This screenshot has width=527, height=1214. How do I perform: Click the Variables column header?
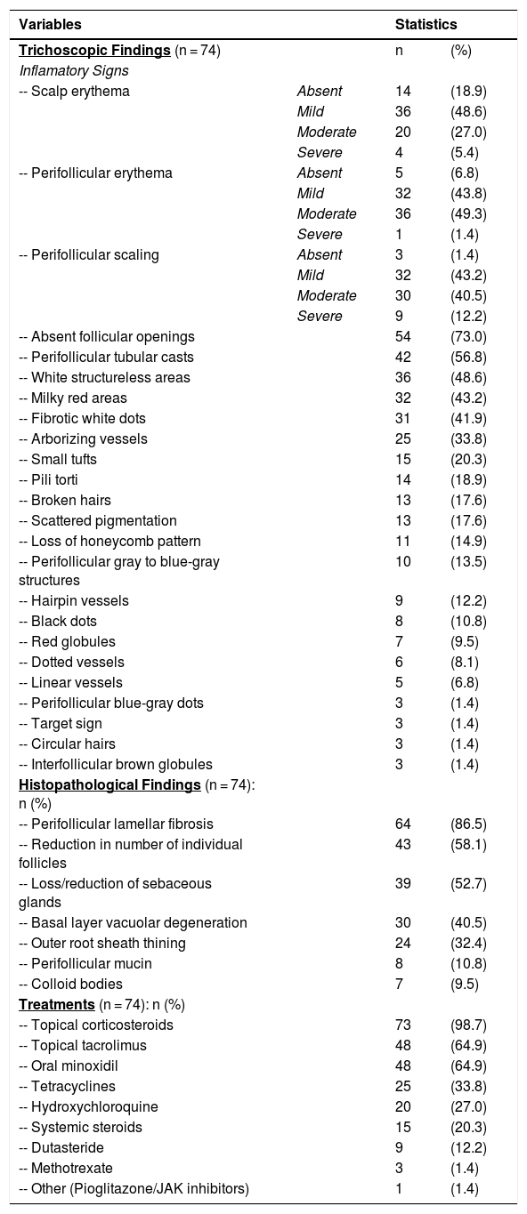(50, 24)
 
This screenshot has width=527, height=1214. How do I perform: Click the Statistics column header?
(426, 24)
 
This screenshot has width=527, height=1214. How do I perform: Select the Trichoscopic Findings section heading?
(94, 51)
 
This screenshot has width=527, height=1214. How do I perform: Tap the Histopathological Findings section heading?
(109, 784)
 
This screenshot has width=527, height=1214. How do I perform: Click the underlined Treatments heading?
(57, 1004)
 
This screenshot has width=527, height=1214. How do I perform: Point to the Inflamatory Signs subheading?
(74, 70)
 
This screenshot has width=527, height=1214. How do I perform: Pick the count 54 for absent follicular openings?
(402, 336)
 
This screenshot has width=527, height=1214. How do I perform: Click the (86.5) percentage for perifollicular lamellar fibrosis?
(468, 824)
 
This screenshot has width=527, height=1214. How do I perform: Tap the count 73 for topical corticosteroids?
(402, 1025)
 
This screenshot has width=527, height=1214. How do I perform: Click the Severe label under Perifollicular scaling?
(320, 316)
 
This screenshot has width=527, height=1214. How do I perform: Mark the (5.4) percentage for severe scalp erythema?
(465, 152)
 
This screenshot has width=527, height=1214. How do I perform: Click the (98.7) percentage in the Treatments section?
(468, 1025)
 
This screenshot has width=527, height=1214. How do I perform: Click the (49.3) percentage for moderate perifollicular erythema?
(468, 213)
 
